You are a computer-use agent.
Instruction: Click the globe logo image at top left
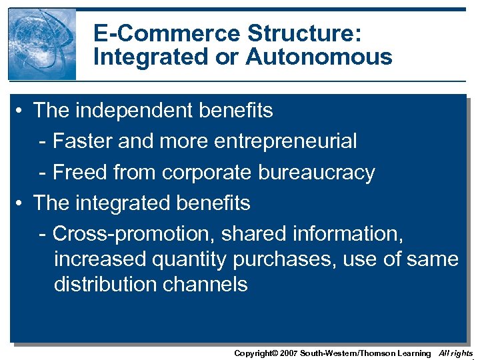coord(41,44)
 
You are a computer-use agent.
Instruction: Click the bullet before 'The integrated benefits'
coord(22,203)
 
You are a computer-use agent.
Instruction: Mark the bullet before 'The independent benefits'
coord(22,110)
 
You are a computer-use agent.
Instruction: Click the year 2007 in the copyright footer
coord(289,353)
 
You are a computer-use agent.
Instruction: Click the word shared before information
coord(255,233)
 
